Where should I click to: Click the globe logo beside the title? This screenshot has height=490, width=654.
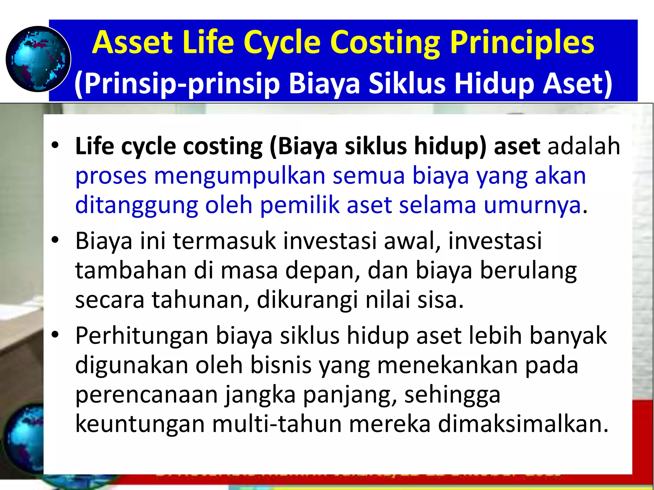pos(38,59)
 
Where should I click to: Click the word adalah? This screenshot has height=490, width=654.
pos(584,146)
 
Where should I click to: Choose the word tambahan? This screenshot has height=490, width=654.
pos(131,271)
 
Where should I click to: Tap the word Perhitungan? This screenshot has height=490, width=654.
pos(141,336)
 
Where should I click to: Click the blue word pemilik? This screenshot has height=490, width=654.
pos(300,205)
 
